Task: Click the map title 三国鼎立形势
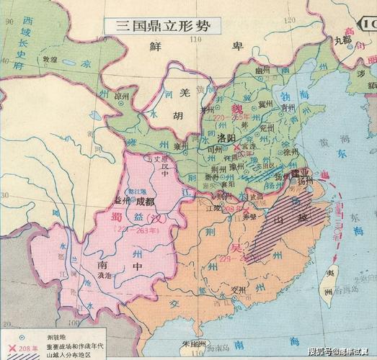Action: [160, 24]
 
